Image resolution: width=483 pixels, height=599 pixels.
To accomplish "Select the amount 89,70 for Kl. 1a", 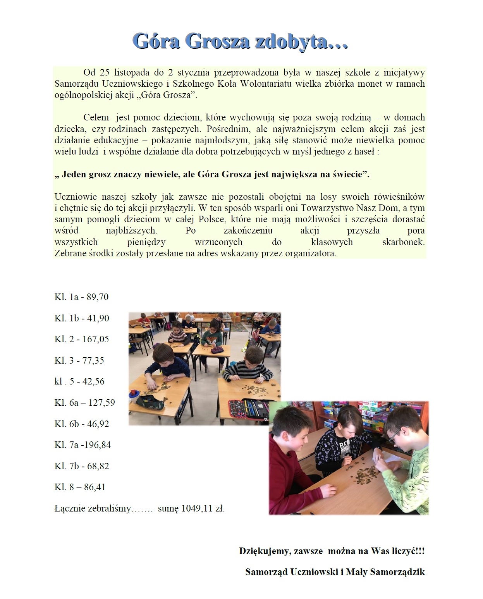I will (x=98, y=297).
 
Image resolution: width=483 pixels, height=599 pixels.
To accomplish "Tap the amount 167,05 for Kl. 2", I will (x=96, y=339).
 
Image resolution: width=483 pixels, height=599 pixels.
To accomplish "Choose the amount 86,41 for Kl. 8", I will (x=95, y=487).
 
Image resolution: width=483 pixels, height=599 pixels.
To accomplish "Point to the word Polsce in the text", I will (x=211, y=219).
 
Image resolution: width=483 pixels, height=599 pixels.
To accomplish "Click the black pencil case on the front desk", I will (x=150, y=402).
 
